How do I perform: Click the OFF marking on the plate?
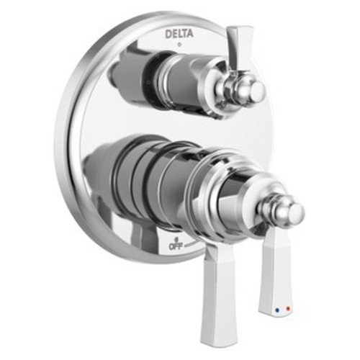(175, 246)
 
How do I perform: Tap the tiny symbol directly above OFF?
(175, 237)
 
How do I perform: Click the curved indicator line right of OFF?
(193, 245)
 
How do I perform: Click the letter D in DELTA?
(166, 33)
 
